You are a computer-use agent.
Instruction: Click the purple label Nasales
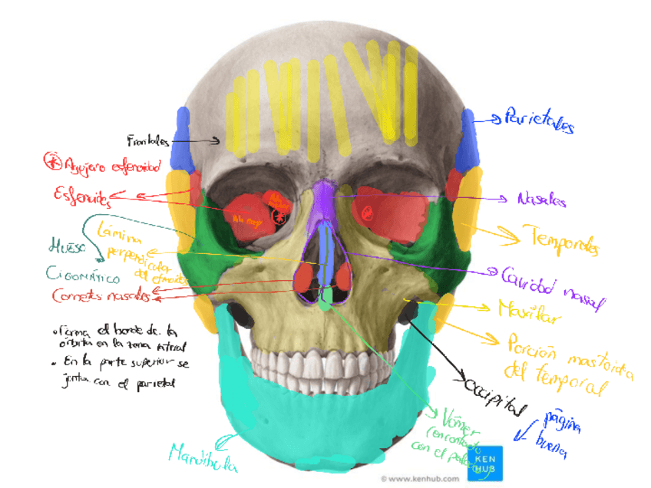[541, 200]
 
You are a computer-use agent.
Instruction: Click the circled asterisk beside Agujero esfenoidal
[53, 161]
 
